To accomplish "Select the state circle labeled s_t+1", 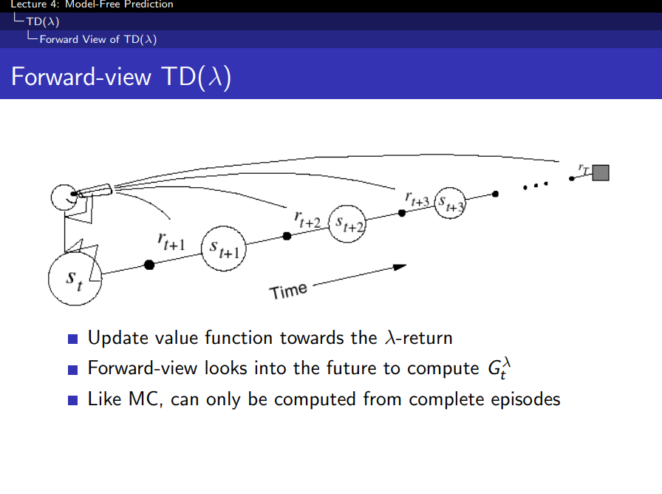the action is (x=224, y=249).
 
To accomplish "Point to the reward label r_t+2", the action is (x=307, y=217).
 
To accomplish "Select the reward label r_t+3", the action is (x=417, y=198).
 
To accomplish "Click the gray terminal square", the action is (x=601, y=172).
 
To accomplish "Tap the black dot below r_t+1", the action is (x=149, y=264).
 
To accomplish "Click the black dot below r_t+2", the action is (x=287, y=236).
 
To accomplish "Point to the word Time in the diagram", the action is (x=289, y=291).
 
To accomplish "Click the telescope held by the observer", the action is (x=95, y=191).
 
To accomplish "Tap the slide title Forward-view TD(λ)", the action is (x=121, y=77).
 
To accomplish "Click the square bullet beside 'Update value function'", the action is (x=72, y=339).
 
